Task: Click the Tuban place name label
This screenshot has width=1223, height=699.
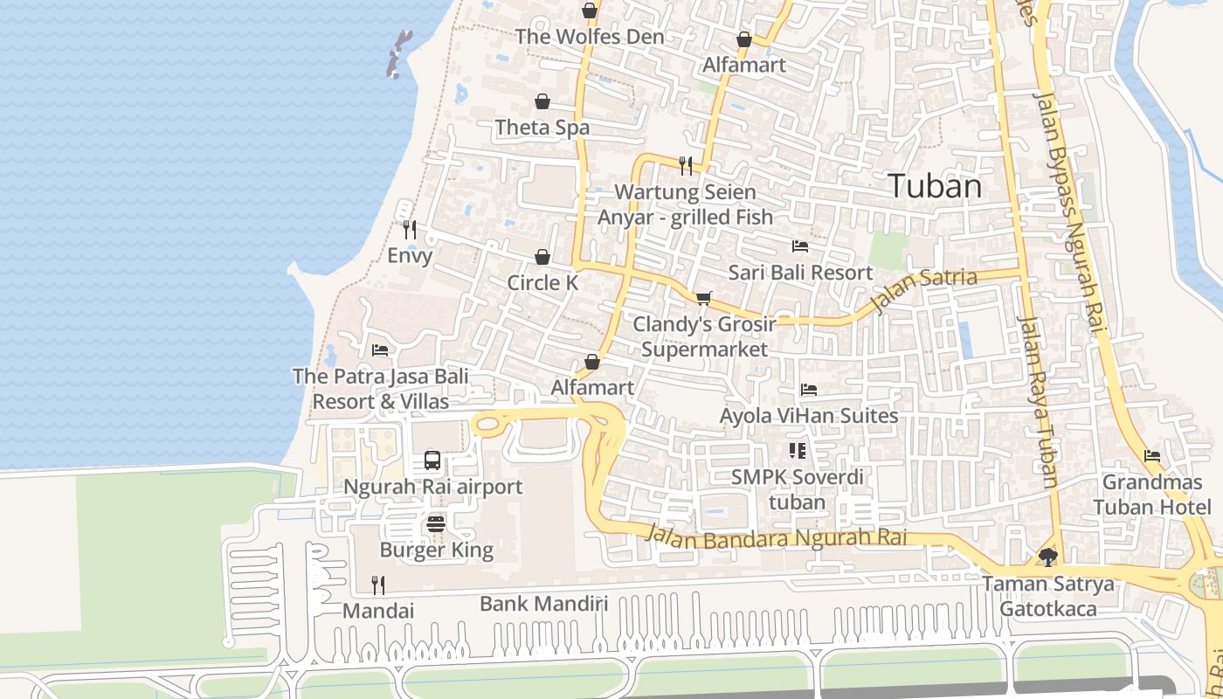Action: (x=935, y=186)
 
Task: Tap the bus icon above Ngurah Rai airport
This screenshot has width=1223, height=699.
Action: (x=432, y=460)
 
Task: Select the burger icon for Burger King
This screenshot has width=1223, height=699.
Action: (x=437, y=524)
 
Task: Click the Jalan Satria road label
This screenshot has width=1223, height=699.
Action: (x=925, y=288)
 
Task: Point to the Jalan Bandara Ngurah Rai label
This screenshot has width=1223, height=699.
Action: (x=776, y=536)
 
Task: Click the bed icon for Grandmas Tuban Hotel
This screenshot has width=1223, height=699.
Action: (x=1152, y=456)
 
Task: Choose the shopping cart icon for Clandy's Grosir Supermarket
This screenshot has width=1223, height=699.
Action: (x=704, y=298)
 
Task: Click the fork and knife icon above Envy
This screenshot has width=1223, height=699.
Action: (x=410, y=230)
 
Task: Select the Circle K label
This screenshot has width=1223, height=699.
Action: (x=542, y=283)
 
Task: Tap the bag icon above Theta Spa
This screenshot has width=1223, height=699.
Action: (x=542, y=102)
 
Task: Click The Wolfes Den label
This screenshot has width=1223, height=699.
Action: (x=590, y=37)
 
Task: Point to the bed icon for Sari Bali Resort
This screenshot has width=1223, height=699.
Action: (x=800, y=246)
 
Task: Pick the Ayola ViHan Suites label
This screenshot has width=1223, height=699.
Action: (x=809, y=416)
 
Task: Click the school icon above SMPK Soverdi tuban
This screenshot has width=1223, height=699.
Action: (x=797, y=451)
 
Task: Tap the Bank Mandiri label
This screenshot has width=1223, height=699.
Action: (x=543, y=604)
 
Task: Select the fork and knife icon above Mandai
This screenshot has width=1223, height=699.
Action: (x=378, y=585)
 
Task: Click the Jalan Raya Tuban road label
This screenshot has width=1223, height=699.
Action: (x=1039, y=402)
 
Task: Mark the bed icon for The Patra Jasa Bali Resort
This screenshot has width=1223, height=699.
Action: (x=380, y=350)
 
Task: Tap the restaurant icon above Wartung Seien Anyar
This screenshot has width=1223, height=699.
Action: (x=686, y=165)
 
